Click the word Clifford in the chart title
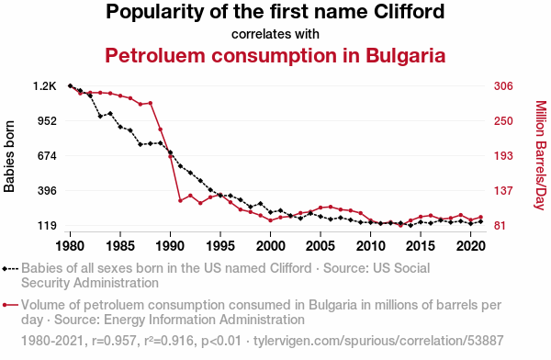[409, 11]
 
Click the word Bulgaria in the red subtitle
[406, 55]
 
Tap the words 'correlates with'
[275, 34]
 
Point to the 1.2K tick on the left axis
[45, 86]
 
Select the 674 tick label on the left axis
[47, 156]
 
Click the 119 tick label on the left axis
[47, 225]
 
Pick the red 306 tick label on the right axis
[503, 86]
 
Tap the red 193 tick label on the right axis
[503, 156]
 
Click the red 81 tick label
[500, 225]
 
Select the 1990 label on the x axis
[170, 246]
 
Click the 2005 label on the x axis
[320, 246]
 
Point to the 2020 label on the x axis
[471, 246]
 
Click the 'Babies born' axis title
[9, 156]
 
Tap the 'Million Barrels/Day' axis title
[541, 155]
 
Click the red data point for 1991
[180, 201]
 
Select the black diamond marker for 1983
[100, 116]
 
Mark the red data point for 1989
[160, 129]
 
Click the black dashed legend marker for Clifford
[10, 269]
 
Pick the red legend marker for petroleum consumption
[10, 305]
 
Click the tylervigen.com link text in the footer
[378, 341]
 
